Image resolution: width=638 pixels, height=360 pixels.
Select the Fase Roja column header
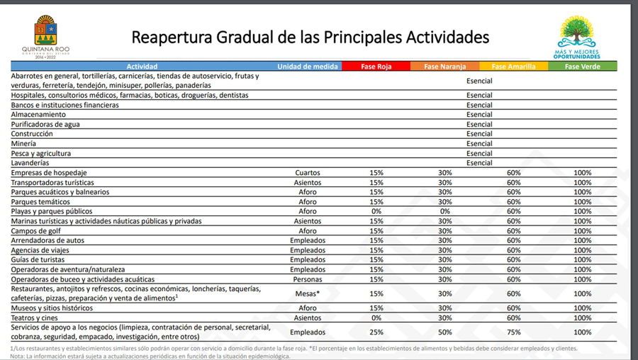(376, 67)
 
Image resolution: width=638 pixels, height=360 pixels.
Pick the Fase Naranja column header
(444, 67)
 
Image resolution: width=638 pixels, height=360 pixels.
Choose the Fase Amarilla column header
(514, 67)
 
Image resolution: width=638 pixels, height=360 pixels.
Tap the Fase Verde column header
(582, 67)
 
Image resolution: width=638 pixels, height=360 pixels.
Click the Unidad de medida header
(307, 67)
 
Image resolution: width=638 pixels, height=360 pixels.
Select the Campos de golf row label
(36, 231)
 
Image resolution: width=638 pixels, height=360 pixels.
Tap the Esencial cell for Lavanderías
(479, 163)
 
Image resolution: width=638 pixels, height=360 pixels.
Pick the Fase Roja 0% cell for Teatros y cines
(376, 318)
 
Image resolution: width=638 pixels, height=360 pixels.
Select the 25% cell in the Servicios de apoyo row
(376, 332)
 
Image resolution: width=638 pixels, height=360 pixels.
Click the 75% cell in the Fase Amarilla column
(514, 332)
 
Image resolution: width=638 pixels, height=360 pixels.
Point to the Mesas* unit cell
(307, 293)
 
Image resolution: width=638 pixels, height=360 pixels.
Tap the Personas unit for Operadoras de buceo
(307, 279)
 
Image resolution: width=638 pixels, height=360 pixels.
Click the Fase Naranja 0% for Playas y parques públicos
(444, 211)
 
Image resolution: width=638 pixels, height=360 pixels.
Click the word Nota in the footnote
(18, 356)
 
